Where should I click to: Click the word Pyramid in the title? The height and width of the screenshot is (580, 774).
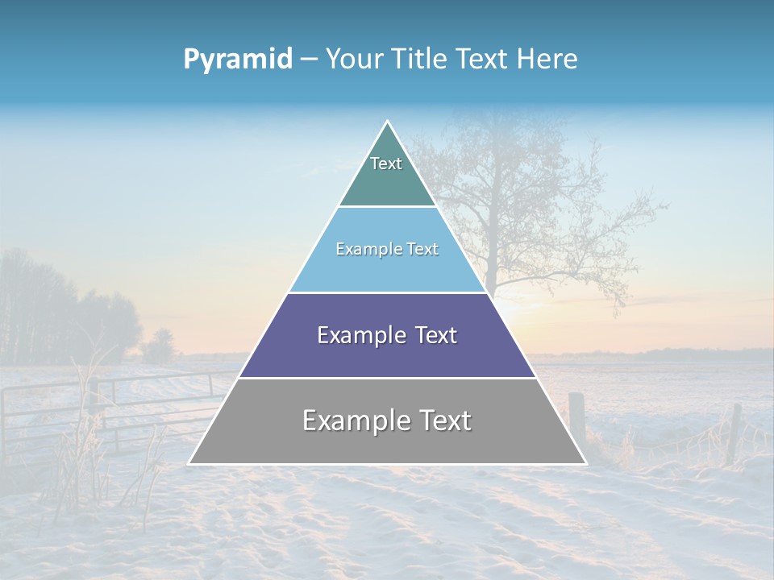[237, 60]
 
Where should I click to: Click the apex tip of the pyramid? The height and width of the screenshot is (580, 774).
[387, 122]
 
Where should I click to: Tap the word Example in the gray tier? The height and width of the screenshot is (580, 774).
[352, 420]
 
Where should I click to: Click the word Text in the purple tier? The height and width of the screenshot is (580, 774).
[436, 335]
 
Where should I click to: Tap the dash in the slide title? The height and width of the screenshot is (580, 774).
[308, 60]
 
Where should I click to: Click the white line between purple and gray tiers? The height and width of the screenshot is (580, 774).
[387, 378]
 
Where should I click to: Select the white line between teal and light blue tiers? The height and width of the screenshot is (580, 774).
[387, 207]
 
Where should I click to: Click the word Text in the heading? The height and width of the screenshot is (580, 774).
[482, 60]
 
